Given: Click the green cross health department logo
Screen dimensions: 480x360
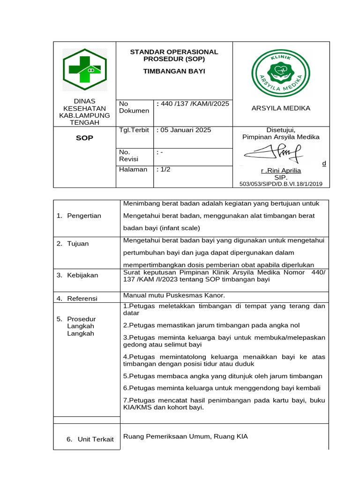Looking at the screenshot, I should (x=85, y=70).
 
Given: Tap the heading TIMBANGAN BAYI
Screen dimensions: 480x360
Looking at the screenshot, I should (x=174, y=72).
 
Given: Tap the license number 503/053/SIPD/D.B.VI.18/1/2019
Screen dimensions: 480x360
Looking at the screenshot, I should (x=281, y=184).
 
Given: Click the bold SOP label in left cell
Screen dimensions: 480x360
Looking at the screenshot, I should (x=85, y=138).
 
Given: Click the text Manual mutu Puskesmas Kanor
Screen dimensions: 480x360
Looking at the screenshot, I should (x=174, y=295).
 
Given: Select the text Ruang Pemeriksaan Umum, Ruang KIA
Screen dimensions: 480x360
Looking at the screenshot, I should (x=185, y=436).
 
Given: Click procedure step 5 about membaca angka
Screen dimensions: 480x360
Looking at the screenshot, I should (x=223, y=376).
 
